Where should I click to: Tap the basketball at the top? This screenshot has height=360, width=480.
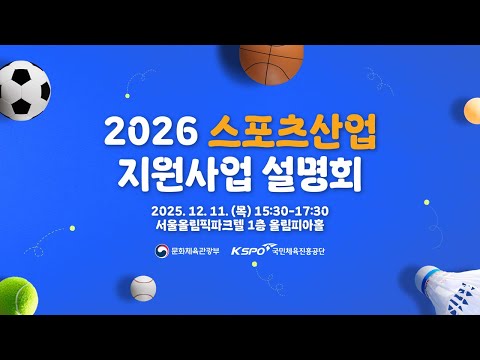point(271,63)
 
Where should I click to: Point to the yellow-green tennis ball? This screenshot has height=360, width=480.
point(22,296)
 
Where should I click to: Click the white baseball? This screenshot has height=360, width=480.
point(144,289)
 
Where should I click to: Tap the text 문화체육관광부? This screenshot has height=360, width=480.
point(196,252)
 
